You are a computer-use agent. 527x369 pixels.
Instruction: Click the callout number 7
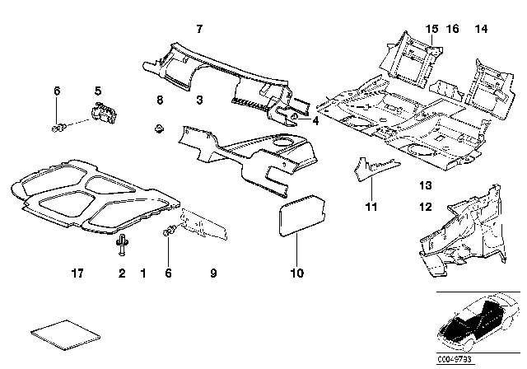pyautogui.click(x=198, y=29)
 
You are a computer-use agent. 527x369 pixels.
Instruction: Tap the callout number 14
pyautogui.click(x=481, y=29)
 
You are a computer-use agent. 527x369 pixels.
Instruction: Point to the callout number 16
pyautogui.click(x=453, y=29)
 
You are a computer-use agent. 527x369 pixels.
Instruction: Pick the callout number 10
pyautogui.click(x=296, y=272)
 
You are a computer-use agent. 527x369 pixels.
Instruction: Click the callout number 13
pyautogui.click(x=425, y=185)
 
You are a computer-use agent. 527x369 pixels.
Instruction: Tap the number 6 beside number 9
pyautogui.click(x=170, y=271)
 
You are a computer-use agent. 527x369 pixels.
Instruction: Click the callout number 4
pyautogui.click(x=316, y=119)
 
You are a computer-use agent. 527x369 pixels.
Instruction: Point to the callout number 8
pyautogui.click(x=160, y=100)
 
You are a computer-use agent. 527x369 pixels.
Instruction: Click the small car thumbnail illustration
pyautogui.click(x=478, y=324)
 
